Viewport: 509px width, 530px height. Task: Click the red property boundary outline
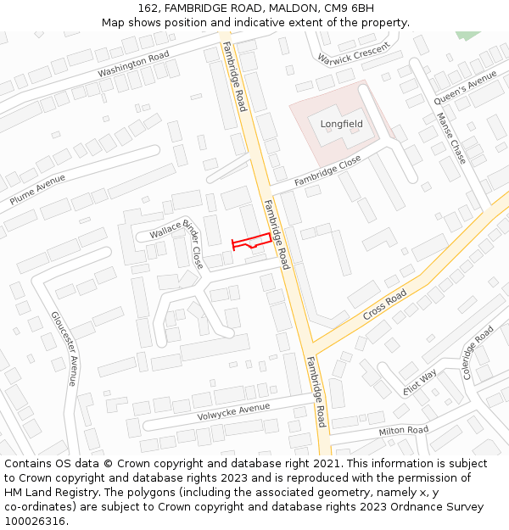coord(252,241)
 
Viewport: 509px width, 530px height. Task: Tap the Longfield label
coord(341,124)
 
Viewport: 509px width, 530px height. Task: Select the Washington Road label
coord(133,64)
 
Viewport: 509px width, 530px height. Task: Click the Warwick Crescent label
coord(353,53)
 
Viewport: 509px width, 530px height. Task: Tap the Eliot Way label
coord(420,382)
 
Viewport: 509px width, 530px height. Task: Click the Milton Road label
coord(404,431)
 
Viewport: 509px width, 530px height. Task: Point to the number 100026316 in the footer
coord(35,521)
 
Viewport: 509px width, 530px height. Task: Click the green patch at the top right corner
coord(467,35)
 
